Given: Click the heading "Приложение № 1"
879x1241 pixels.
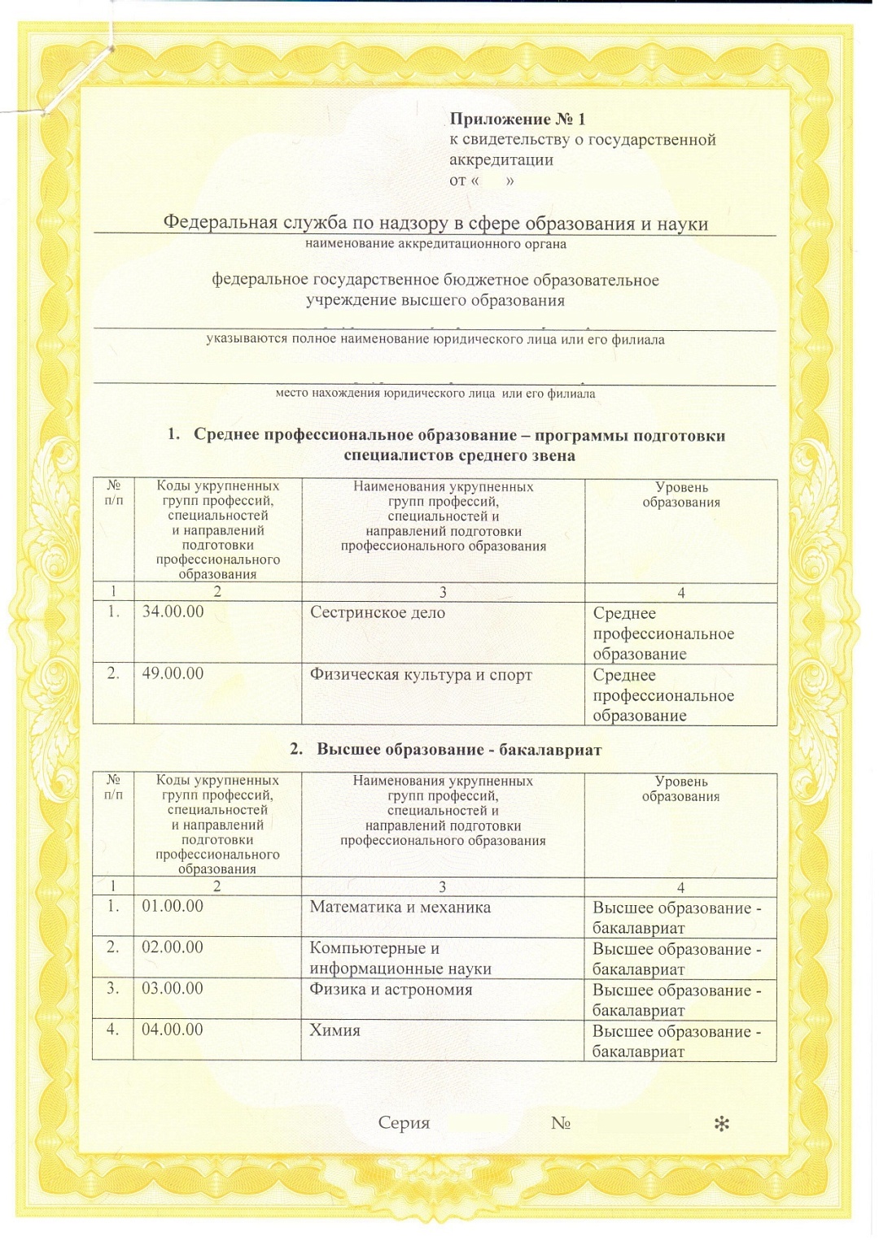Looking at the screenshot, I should click(x=517, y=119).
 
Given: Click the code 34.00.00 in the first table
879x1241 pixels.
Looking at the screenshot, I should click(x=173, y=612).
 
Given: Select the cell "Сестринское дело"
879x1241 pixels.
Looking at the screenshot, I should click(x=377, y=612).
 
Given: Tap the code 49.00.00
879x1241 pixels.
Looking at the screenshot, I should click(x=173, y=673).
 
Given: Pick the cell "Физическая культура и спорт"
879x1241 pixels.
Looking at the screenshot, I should click(x=420, y=674).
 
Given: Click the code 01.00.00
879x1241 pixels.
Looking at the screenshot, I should click(x=173, y=906).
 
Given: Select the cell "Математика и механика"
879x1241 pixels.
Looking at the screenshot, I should click(x=400, y=907).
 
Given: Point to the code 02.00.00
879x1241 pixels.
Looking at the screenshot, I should click(x=173, y=947).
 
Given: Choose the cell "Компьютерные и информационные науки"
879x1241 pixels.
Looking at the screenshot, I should click(x=400, y=958).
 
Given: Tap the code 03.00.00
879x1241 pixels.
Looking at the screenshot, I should click(x=173, y=988).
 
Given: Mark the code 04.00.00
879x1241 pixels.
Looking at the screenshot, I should click(x=173, y=1030).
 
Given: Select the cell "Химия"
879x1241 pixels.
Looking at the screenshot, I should click(x=335, y=1030).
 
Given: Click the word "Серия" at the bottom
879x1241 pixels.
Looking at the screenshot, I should click(x=404, y=1123).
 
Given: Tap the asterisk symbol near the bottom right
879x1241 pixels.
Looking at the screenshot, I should click(x=721, y=1124).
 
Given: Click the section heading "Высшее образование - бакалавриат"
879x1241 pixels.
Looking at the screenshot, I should click(x=458, y=749).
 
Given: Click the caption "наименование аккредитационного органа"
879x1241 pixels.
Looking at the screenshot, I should click(x=435, y=243).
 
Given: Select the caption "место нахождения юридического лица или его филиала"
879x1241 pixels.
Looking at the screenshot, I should click(x=435, y=394).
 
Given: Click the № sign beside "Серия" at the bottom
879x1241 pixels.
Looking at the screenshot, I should click(x=560, y=1123).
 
